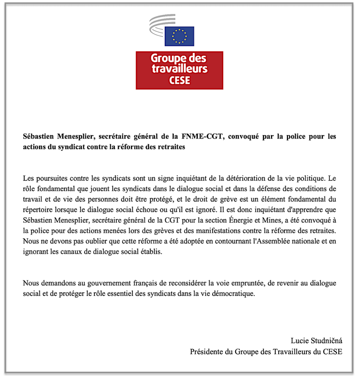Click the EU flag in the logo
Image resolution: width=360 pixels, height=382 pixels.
[x=179, y=37]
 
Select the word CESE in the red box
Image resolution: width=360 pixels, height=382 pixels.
[x=179, y=81]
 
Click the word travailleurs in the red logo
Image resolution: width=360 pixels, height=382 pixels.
[x=179, y=69]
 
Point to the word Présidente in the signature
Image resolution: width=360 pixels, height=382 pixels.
[x=207, y=351]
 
